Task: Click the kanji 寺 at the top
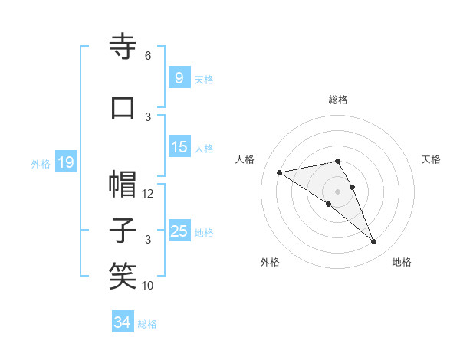point(123,47)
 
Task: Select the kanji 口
point(123,108)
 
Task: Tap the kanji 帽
point(123,185)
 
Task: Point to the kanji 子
point(123,231)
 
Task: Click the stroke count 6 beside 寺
point(148,56)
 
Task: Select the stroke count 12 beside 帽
point(148,194)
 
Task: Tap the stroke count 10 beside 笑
point(148,286)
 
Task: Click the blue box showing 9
point(179,78)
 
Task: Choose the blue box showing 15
point(179,147)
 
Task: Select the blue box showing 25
point(179,231)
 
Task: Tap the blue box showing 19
point(65,162)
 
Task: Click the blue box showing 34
point(122,323)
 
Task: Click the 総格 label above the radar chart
point(337,100)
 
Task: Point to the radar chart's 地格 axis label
point(402,263)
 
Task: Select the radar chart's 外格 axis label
point(270,263)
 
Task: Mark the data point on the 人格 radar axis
point(280,172)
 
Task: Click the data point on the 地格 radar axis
point(373,242)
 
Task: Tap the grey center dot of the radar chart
point(337,191)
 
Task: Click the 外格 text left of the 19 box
point(41,163)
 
